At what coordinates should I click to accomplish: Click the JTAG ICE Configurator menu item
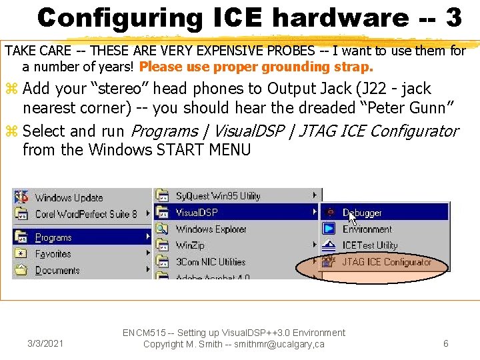pyautogui.click(x=387, y=262)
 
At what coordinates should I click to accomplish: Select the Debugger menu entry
pyautogui.click(x=362, y=213)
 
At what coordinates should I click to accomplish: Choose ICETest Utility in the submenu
pyautogui.click(x=369, y=245)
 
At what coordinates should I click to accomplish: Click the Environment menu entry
pyautogui.click(x=367, y=229)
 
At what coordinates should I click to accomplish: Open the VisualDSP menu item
pyautogui.click(x=197, y=213)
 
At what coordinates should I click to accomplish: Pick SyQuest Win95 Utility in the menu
pyautogui.click(x=217, y=196)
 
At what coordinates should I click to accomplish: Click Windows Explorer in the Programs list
pyautogui.click(x=211, y=229)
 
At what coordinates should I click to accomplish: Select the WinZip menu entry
pyautogui.click(x=190, y=245)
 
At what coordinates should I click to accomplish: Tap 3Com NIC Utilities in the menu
pyautogui.click(x=210, y=262)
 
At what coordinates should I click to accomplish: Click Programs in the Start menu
pyautogui.click(x=53, y=237)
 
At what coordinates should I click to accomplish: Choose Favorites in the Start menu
pyautogui.click(x=53, y=254)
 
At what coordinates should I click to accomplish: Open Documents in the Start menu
pyautogui.click(x=57, y=271)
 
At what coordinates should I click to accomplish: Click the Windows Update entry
pyautogui.click(x=69, y=197)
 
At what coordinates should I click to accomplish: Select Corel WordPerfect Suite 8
pyautogui.click(x=85, y=214)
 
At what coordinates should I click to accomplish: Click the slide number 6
pyautogui.click(x=446, y=343)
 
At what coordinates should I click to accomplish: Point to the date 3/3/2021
pyautogui.click(x=45, y=344)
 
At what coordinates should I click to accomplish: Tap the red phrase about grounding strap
pyautogui.click(x=257, y=67)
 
